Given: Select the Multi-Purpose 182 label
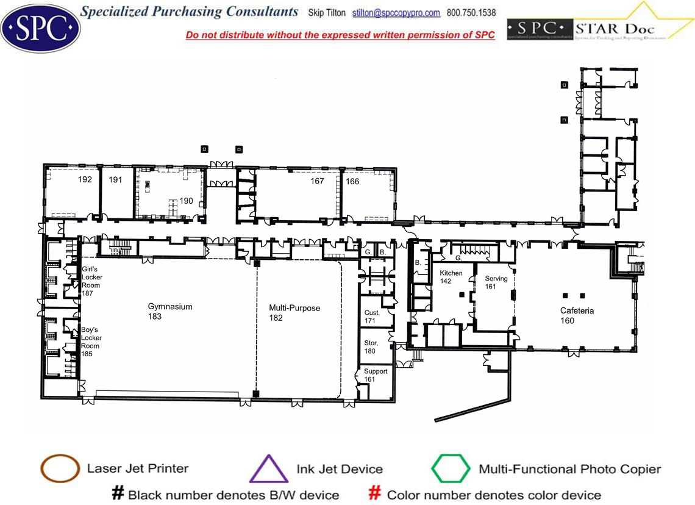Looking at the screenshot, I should (x=294, y=313).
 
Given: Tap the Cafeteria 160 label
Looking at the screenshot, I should (x=577, y=315).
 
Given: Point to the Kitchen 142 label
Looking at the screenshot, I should (x=451, y=277).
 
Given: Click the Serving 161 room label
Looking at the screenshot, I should (x=496, y=282).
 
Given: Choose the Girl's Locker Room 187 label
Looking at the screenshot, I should (x=92, y=281).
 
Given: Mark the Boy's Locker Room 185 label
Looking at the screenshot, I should (x=91, y=342).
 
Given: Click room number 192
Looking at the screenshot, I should (x=85, y=179).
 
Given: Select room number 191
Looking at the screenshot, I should (x=116, y=179).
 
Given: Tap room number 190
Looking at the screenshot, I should (x=186, y=201).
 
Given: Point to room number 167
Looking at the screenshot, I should (x=317, y=181).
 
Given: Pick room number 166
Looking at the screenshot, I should (x=352, y=181).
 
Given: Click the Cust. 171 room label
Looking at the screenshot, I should (x=371, y=317).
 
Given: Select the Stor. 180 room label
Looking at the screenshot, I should (x=371, y=347).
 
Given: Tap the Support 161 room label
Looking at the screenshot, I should (x=375, y=375).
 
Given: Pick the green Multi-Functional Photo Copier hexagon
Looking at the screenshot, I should (x=451, y=468).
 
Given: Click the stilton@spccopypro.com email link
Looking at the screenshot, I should (x=396, y=13).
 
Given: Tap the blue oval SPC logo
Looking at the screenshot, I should (x=40, y=27).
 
